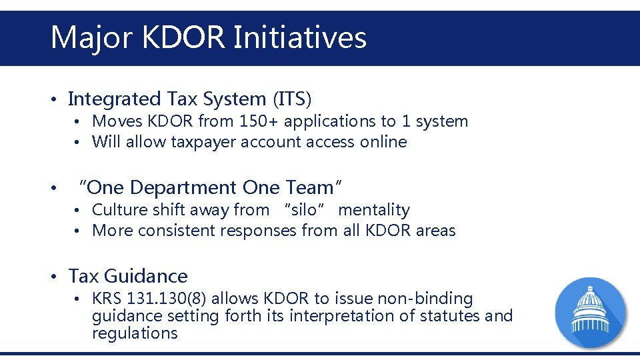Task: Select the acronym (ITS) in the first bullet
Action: pos(292,99)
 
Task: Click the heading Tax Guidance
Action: pos(128,276)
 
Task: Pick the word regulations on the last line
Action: pos(135,333)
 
